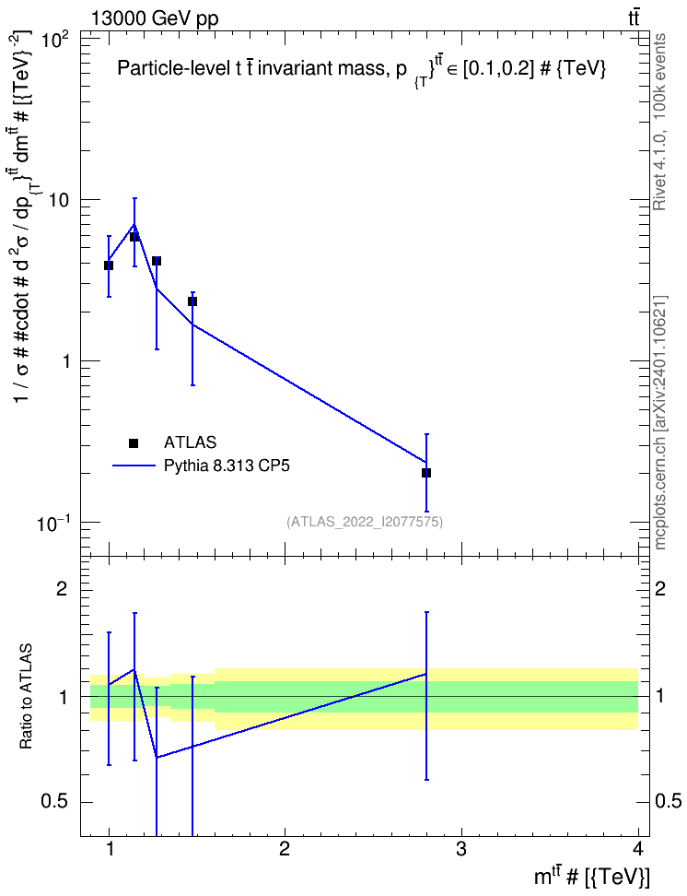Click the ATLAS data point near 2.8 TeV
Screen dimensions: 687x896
tap(426, 473)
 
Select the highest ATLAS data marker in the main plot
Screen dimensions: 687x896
tap(134, 237)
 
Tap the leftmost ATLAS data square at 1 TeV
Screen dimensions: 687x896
tap(109, 265)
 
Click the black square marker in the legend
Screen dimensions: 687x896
tap(134, 442)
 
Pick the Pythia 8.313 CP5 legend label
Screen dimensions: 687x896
tap(227, 466)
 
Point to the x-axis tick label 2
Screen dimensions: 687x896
tap(285, 848)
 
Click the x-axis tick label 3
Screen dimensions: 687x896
tap(460, 848)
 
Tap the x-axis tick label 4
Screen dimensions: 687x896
tap(638, 848)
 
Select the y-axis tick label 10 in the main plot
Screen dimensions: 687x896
tap(61, 201)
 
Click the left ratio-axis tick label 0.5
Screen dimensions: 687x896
tap(56, 802)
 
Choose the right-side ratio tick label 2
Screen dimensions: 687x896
tap(659, 588)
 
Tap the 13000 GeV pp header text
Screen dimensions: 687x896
tap(155, 18)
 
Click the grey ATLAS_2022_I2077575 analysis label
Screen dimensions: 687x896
tap(365, 522)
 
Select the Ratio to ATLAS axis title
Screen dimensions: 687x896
tap(26, 696)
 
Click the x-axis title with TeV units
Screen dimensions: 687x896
tap(591, 876)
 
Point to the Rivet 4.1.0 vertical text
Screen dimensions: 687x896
tap(659, 122)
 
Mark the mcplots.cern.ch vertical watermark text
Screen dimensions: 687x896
tap(659, 422)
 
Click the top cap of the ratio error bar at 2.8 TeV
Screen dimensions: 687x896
tap(426, 612)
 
